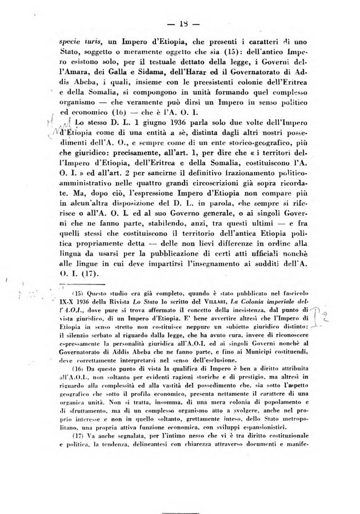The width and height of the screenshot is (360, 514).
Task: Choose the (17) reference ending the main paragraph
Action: (86, 274)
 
